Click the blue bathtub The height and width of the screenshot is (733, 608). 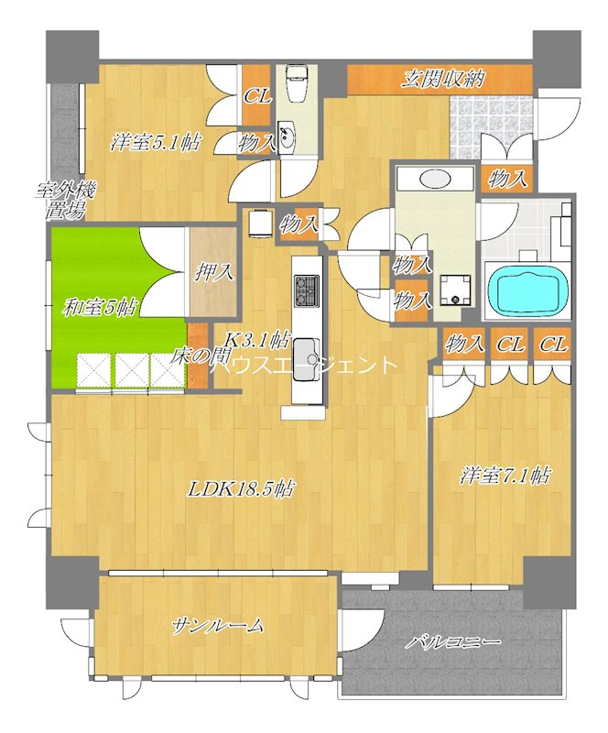point(527,290)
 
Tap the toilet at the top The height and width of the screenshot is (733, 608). point(296,87)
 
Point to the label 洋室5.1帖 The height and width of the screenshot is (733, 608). point(157,142)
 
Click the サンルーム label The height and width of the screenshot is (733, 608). point(218,627)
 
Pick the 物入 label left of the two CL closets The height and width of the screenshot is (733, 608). point(464,345)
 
